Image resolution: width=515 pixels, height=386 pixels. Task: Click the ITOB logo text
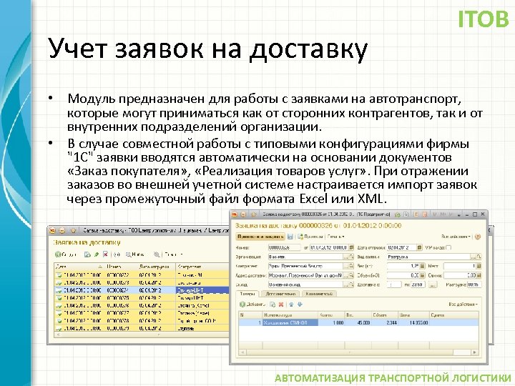pyautogui.click(x=483, y=19)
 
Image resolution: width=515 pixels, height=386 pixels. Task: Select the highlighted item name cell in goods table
pyautogui.click(x=275, y=323)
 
